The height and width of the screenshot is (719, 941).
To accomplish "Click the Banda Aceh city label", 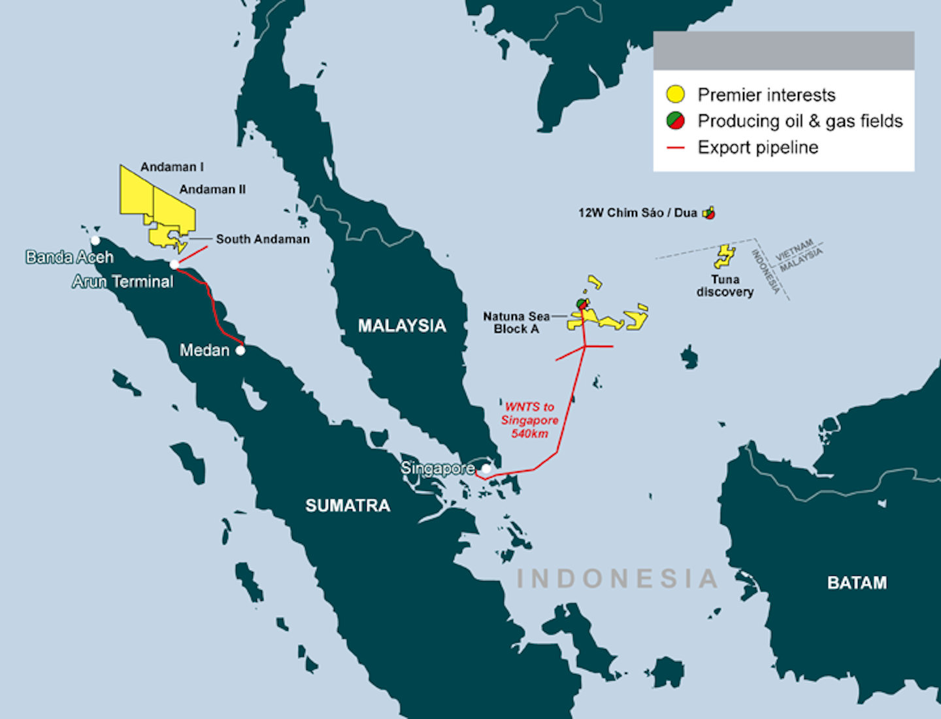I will point(69,257).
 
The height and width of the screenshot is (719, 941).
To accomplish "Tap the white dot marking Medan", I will point(240,350).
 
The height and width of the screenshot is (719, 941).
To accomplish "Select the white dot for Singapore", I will point(486,469).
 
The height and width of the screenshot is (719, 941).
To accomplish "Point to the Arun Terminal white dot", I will point(174,264).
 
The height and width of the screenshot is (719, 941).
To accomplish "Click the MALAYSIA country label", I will point(402,326).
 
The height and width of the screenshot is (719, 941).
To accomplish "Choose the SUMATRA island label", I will point(348,505).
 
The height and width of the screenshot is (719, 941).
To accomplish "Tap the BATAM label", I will point(857,582).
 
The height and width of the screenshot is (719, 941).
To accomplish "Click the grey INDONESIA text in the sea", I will point(618,578).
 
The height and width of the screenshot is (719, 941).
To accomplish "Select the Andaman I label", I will point(172,167).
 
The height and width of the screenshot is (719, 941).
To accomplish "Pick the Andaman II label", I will point(212,190).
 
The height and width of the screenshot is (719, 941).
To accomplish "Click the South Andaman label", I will point(263,239).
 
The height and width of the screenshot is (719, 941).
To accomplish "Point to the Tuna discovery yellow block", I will point(724,256).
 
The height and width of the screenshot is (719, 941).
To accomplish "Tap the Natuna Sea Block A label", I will point(516,322).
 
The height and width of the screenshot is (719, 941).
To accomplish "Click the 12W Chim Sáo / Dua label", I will point(637,213).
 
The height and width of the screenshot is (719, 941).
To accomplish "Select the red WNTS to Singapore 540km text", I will point(529,420).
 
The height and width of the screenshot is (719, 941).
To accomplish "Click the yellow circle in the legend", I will point(675,95).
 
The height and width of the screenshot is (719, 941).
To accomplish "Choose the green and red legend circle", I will point(675,121).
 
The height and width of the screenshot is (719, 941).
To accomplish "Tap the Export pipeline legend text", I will point(757,148).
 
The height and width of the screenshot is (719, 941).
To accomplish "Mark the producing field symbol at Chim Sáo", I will point(710,212).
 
